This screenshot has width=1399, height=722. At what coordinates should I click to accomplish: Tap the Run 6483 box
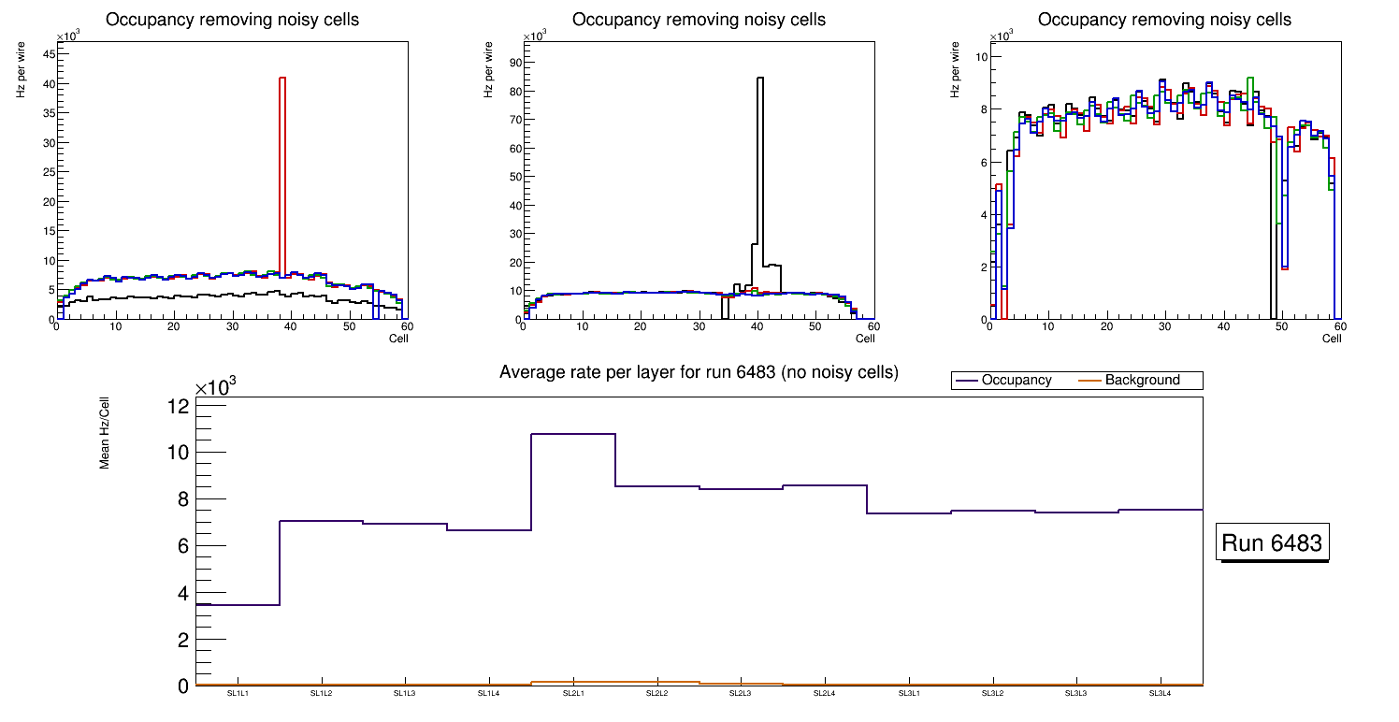[x=1272, y=543]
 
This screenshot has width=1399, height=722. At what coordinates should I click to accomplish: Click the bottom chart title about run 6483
[x=699, y=372]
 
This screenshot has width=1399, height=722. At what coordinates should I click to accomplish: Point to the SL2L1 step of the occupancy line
[x=573, y=434]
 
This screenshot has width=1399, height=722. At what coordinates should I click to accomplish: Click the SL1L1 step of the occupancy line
[x=238, y=605]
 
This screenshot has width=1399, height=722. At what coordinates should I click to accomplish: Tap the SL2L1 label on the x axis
[x=573, y=693]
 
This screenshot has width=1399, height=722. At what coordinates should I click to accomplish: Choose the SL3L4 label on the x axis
[x=1160, y=693]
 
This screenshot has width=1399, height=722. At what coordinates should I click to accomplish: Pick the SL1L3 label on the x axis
[x=405, y=693]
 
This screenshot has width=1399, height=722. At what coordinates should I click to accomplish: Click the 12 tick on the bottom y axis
[x=179, y=406]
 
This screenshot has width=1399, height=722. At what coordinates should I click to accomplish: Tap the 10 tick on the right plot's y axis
[x=982, y=57]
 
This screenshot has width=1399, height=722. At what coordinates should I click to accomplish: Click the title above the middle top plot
[x=699, y=20]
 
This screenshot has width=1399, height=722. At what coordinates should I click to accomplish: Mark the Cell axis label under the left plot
[x=398, y=339]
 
